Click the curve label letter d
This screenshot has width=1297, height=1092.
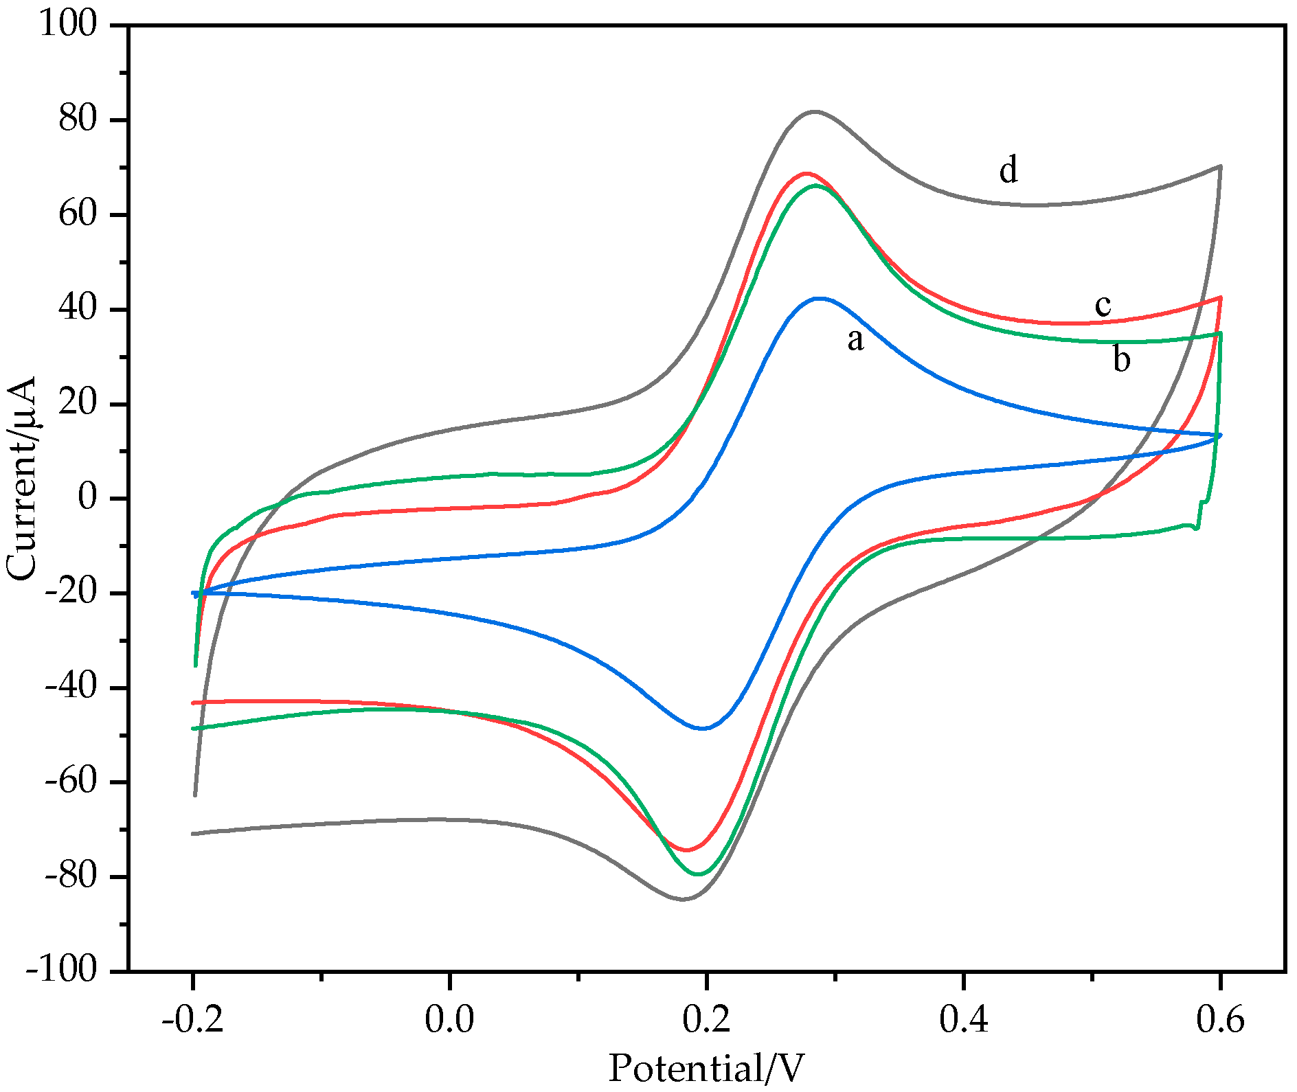[1008, 170]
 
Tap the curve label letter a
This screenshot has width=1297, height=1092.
[855, 339]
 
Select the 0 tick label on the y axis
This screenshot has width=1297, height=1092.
[87, 497]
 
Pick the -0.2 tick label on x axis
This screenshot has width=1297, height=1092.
[193, 1019]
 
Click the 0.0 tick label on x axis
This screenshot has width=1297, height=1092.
[449, 1019]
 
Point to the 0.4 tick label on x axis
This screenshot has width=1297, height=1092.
[964, 1019]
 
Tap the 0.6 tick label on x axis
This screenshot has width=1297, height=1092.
[1220, 1019]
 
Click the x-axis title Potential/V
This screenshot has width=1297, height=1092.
[706, 1069]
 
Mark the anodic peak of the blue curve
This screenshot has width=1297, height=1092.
[819, 298]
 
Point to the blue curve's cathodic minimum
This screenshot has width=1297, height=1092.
[704, 728]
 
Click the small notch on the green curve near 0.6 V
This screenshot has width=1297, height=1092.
[1197, 527]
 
